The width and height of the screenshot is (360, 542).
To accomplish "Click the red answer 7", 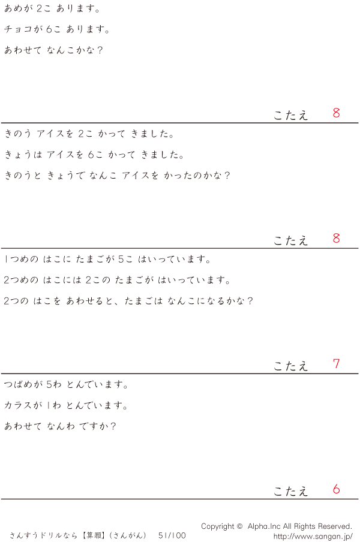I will pyautogui.click(x=337, y=364).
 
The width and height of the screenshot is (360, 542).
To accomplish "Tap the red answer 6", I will pyautogui.click(x=337, y=489).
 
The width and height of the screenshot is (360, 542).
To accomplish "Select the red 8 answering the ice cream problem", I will pyautogui.click(x=337, y=238).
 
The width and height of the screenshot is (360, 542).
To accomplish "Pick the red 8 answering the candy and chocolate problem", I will pyautogui.click(x=337, y=113).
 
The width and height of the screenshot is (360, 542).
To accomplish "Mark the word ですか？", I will pyautogui.click(x=97, y=426).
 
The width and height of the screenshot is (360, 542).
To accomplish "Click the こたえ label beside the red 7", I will pyautogui.click(x=291, y=366).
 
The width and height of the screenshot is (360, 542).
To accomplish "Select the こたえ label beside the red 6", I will pyautogui.click(x=291, y=491).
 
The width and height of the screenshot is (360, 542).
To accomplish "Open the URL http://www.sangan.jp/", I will pyautogui.click(x=313, y=535).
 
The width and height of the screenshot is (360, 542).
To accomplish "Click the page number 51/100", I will pyautogui.click(x=172, y=535).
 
